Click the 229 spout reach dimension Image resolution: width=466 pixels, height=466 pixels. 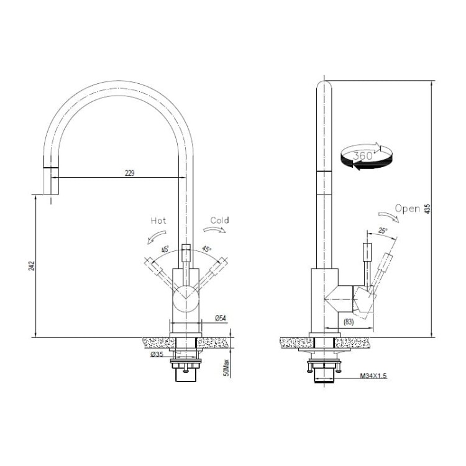point(130,173)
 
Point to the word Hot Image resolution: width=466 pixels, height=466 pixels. point(159,221)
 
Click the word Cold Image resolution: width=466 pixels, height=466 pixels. point(219,221)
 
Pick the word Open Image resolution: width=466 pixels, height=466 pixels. point(408,209)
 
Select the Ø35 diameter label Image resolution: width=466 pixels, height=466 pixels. point(157,354)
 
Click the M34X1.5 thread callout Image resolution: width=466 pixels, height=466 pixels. point(373,377)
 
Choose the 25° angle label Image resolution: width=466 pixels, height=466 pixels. point(381,231)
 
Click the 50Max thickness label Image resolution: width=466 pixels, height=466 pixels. point(227,368)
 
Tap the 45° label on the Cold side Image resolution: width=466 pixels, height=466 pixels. point(206,250)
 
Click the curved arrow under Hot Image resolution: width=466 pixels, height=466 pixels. point(154,236)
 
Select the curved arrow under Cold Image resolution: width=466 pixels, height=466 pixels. point(216,229)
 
